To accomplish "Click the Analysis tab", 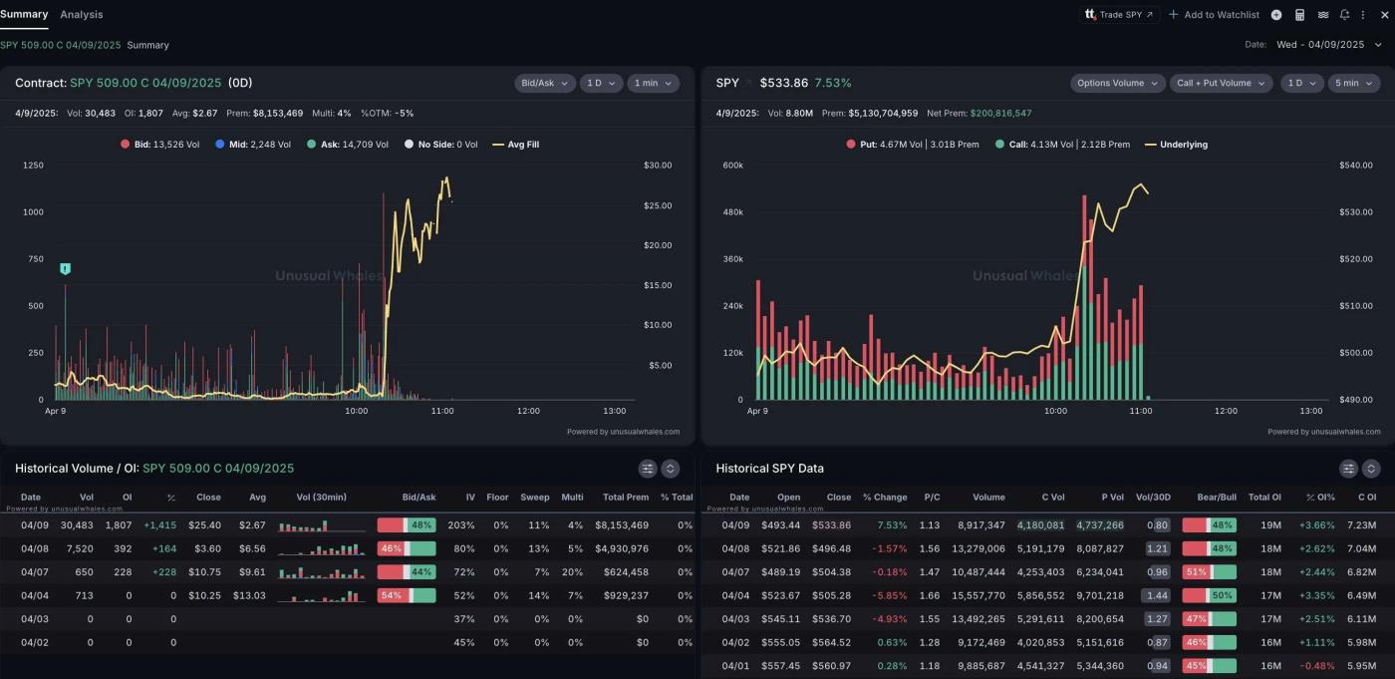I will coord(81,15).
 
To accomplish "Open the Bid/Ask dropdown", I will coord(544,84).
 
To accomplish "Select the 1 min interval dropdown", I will coord(653,84).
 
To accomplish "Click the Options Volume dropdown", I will coord(1117,84).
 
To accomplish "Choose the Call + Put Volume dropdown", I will coord(1221,84).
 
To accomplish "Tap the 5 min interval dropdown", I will coord(1353,84).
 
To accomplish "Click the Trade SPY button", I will coord(1118,15).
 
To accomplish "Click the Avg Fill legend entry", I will coord(515,145).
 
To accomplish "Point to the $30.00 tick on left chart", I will coord(659,166).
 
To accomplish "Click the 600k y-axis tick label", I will coord(732,166).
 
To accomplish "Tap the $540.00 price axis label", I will coord(1355,166).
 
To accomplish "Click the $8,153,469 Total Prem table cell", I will coord(622,524).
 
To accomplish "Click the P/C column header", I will coord(932,497).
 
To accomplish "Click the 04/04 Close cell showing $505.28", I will coord(831,595).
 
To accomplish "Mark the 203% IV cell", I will coord(461,524).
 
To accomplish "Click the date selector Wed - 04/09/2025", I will coord(1320,45).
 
